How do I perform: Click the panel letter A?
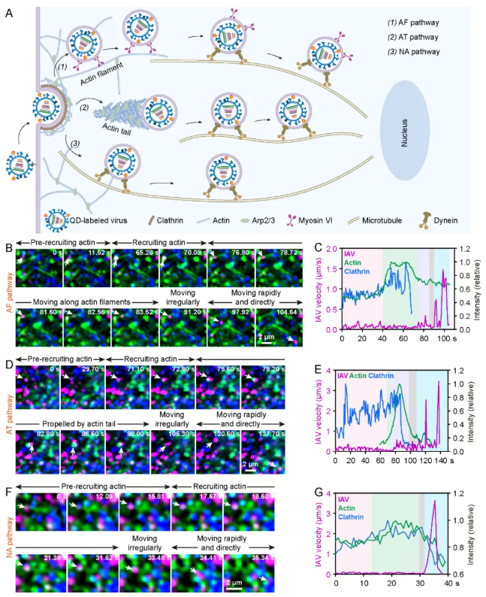pyautogui.click(x=9, y=14)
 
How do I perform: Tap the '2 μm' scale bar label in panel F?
pyautogui.click(x=234, y=583)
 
